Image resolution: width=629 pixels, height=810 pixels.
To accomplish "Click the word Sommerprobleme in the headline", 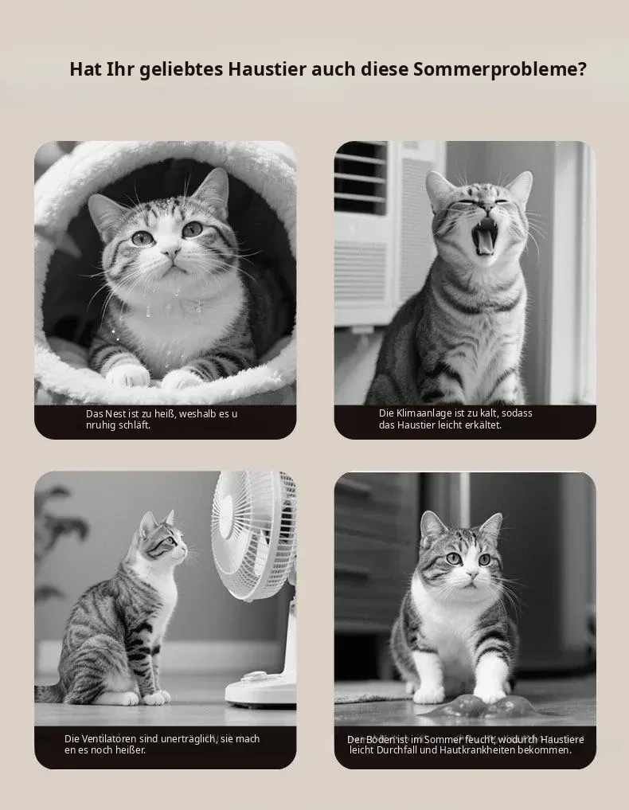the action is click(x=500, y=69).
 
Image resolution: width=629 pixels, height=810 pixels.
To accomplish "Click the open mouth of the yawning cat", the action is click(x=484, y=237).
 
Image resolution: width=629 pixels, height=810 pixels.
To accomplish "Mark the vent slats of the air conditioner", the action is click(x=361, y=178).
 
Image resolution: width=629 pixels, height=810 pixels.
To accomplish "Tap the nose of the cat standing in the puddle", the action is click(x=472, y=574).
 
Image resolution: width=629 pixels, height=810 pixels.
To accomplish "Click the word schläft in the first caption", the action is click(x=135, y=425).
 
